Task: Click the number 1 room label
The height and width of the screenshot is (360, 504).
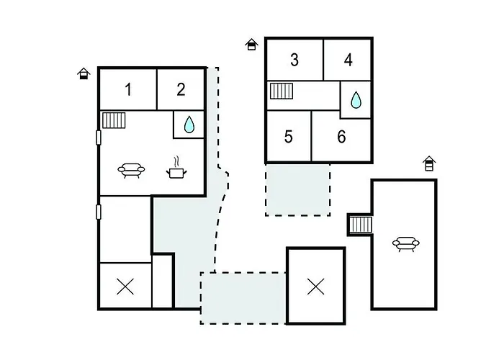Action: pos(128,89)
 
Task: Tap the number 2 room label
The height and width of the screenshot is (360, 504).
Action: pos(181,89)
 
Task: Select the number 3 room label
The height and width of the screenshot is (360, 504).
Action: pos(294,60)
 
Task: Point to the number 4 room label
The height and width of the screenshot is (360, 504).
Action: pos(348,60)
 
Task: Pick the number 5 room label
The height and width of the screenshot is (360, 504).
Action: pos(288,137)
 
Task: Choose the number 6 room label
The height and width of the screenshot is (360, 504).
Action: pos(341,137)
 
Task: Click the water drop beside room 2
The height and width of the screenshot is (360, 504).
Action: pos(189,125)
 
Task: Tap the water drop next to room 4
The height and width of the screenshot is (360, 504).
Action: pos(356,100)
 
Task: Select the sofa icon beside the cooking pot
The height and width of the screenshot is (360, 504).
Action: pos(131,171)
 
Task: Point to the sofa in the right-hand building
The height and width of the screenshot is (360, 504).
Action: pos(406,244)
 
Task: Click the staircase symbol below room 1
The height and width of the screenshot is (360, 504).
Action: pos(114,120)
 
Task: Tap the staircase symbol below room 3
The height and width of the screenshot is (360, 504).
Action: pos(282,91)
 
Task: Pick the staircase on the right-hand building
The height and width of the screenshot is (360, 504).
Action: pos(360,225)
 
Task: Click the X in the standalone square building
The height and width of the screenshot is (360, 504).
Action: pos(315,287)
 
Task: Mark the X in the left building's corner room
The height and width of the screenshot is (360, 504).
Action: pos(125,287)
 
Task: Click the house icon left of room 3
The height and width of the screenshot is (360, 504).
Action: pos(251,45)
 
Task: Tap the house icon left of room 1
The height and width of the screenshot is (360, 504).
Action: pos(84,73)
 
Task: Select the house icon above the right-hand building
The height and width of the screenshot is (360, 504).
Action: pos(429,163)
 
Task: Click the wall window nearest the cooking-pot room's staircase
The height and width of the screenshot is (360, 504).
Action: pos(99,138)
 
